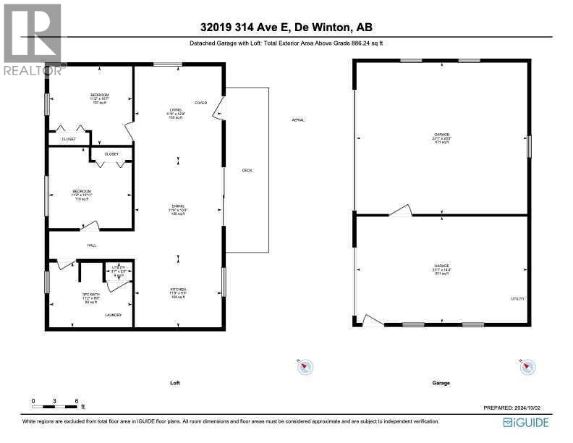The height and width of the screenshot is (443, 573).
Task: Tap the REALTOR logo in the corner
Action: click(x=32, y=39)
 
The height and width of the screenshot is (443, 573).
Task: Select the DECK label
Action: click(x=247, y=170)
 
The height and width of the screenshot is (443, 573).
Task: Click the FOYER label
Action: click(x=200, y=103)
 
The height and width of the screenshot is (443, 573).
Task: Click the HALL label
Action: click(x=92, y=245)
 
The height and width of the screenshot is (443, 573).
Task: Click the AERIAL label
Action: click(x=297, y=119)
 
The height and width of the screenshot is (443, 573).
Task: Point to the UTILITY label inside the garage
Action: click(x=518, y=299)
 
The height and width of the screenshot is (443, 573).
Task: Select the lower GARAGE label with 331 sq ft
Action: click(x=442, y=269)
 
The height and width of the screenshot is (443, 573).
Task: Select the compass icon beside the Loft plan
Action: click(x=305, y=368)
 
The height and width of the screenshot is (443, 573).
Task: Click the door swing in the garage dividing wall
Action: click(x=400, y=210)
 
